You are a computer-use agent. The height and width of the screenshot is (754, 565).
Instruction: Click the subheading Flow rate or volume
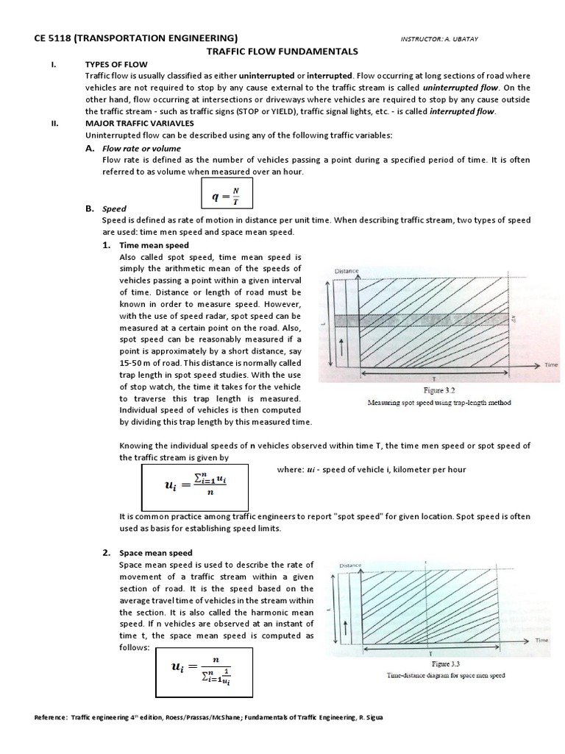[141, 148]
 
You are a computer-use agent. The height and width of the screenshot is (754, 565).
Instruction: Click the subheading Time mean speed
[154, 245]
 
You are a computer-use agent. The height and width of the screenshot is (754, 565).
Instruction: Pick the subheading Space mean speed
[156, 553]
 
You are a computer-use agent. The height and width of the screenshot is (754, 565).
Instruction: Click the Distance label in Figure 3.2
[347, 272]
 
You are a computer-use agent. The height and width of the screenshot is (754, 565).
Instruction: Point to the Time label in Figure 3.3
[541, 641]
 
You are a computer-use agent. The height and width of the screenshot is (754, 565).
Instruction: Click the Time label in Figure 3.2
[550, 364]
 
